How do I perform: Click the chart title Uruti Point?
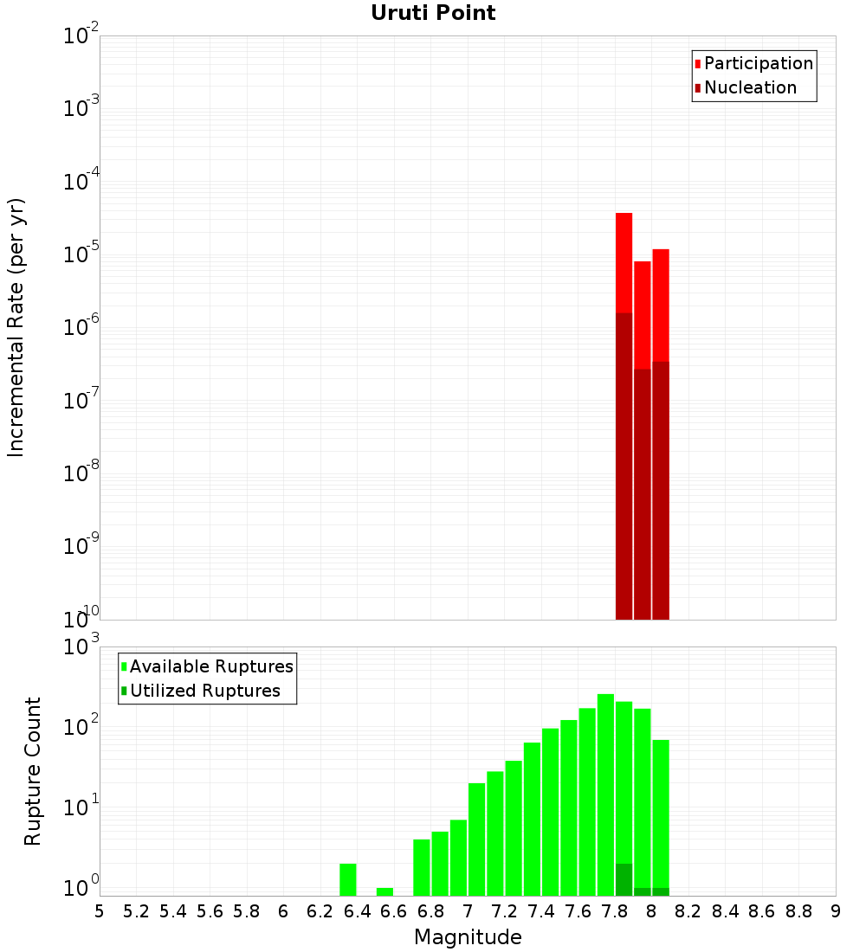pos(433,13)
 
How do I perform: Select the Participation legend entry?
pos(758,64)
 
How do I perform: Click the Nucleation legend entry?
pos(749,88)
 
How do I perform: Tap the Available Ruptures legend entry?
pos(210,667)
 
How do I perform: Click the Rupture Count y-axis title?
pos(33,770)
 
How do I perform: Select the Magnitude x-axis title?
pos(468,937)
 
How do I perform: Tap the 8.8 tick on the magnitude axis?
pos(798,911)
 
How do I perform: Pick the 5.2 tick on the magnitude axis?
pos(137,911)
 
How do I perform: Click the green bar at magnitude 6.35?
pos(348,879)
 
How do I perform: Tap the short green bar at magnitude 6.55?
pos(385,891)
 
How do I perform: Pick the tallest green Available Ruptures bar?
pos(605,794)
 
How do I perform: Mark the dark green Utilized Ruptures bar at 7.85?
pos(624,879)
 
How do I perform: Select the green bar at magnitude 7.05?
pos(477,839)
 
